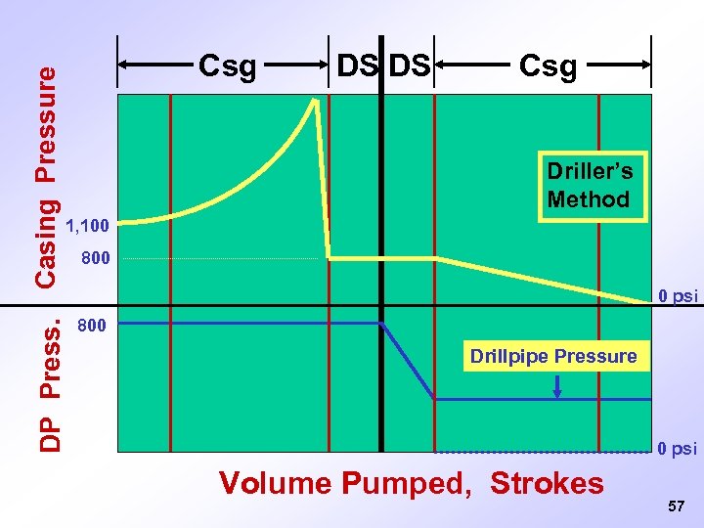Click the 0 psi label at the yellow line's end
point(678,296)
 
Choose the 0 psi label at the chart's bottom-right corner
point(678,450)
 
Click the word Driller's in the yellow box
point(590,172)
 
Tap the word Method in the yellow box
point(589,200)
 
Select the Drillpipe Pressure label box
point(552,357)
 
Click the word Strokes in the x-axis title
point(547,483)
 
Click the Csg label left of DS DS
point(227,67)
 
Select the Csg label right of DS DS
point(548,67)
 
